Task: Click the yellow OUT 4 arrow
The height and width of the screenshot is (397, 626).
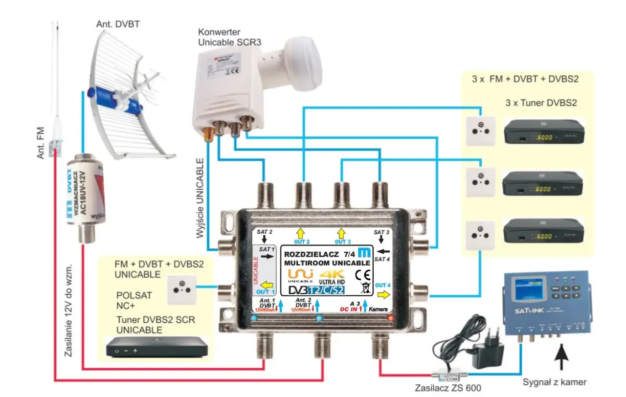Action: (x=384, y=294)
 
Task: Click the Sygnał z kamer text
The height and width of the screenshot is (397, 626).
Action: (x=554, y=382)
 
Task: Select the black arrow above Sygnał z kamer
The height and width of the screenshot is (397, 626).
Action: (x=561, y=357)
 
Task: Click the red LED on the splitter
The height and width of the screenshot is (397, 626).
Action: (x=389, y=318)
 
